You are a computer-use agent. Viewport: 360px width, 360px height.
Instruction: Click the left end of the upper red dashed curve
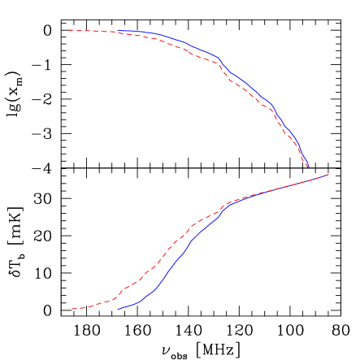pyautogui.click(x=68, y=30)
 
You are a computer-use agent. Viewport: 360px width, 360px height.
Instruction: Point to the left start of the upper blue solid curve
pyautogui.click(x=118, y=31)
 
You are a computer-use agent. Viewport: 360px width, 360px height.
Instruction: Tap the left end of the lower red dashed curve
pyautogui.click(x=68, y=309)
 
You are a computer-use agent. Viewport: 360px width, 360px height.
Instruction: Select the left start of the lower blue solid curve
pyautogui.click(x=118, y=309)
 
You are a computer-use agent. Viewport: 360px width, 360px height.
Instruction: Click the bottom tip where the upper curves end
pyautogui.click(x=309, y=167)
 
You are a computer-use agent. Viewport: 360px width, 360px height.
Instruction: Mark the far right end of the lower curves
pyautogui.click(x=328, y=174)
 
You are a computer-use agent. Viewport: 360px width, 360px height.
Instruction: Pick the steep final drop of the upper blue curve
pyautogui.click(x=301, y=150)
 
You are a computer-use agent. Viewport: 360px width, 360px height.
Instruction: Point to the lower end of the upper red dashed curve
pyautogui.click(x=306, y=165)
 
